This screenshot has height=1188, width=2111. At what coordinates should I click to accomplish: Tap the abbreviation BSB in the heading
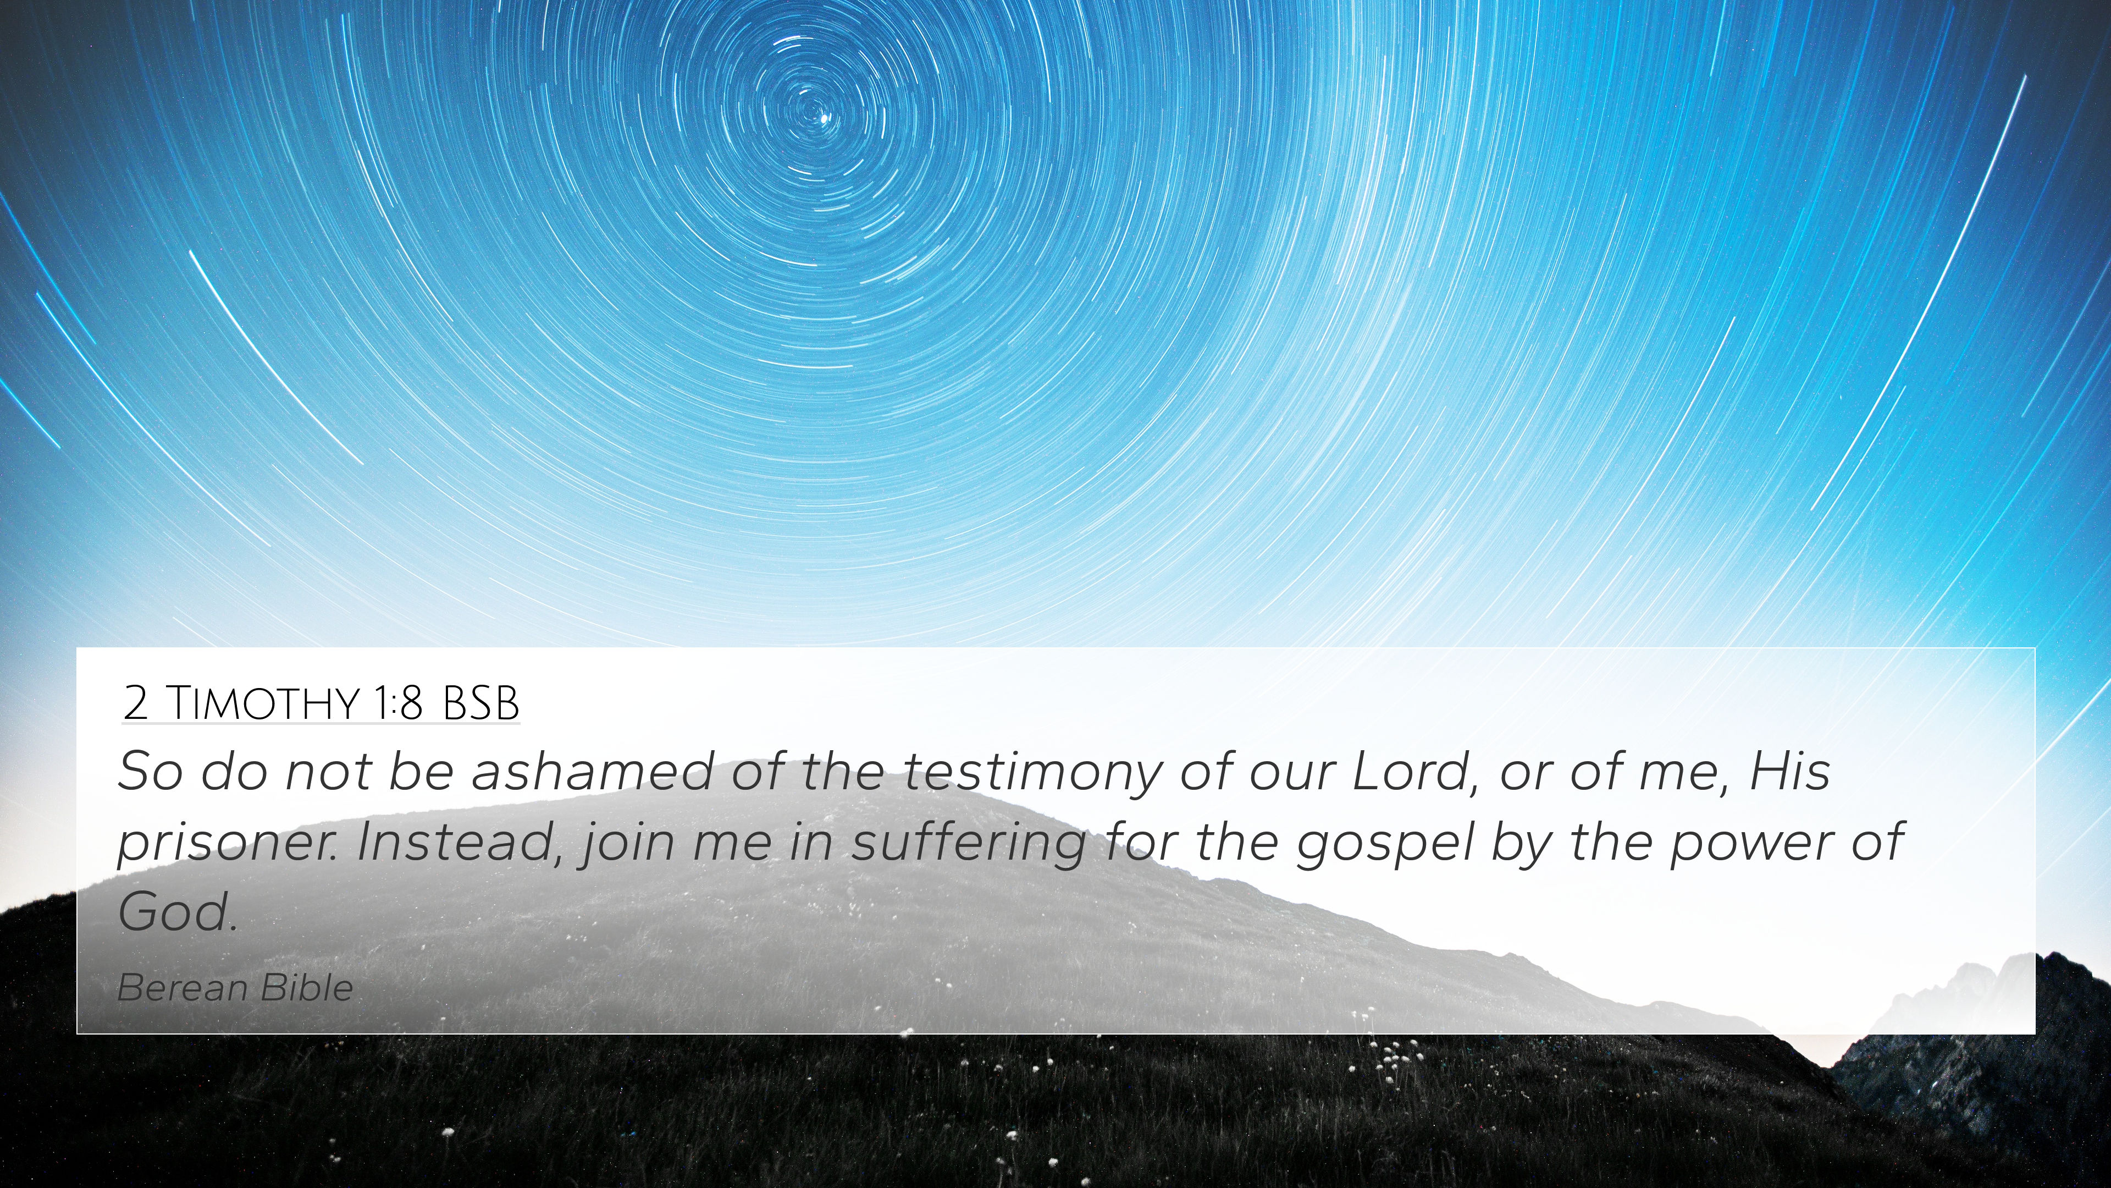point(481,703)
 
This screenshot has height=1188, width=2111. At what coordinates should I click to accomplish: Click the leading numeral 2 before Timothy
point(136,703)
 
